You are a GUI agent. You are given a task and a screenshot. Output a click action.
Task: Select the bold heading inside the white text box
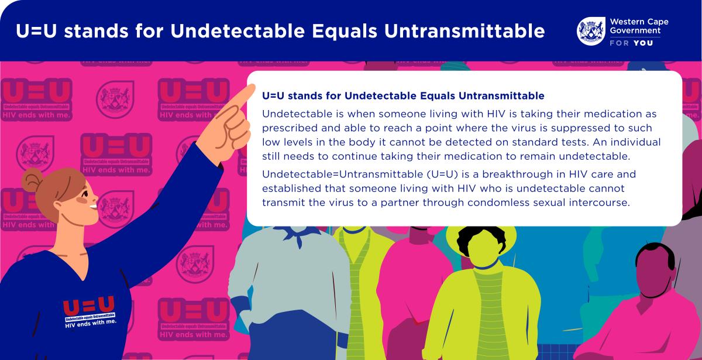[x=403, y=95]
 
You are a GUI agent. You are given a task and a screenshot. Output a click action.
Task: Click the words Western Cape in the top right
[x=639, y=22]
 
